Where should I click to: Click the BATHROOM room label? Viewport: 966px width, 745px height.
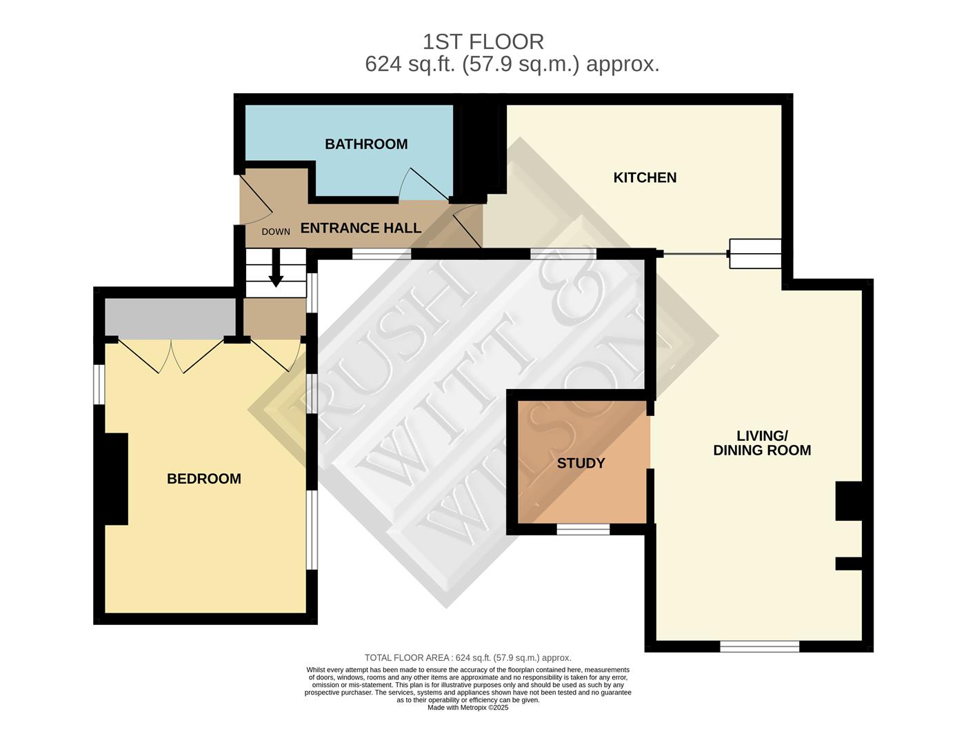366,144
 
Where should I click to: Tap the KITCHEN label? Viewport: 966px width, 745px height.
645,177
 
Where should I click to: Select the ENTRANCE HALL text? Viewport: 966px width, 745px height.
361,228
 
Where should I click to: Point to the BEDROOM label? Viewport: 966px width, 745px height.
204,479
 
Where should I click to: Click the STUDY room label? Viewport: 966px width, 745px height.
581,463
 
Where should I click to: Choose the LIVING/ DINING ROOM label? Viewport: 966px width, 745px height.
762,443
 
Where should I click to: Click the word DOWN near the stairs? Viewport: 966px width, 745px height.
276,232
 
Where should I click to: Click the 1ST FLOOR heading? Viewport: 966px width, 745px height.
483,42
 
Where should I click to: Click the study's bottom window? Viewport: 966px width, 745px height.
583,529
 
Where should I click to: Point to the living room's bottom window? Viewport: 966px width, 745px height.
759,646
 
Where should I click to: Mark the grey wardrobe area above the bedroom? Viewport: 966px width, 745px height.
170,318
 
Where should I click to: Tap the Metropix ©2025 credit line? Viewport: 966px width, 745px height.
467,708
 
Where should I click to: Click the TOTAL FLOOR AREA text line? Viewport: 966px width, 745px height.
467,658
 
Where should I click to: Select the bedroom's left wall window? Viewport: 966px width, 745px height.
100,384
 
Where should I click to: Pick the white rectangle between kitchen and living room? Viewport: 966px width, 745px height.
755,254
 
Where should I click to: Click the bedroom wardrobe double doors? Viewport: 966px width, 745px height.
172,355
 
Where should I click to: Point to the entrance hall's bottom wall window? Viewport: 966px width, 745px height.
381,254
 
